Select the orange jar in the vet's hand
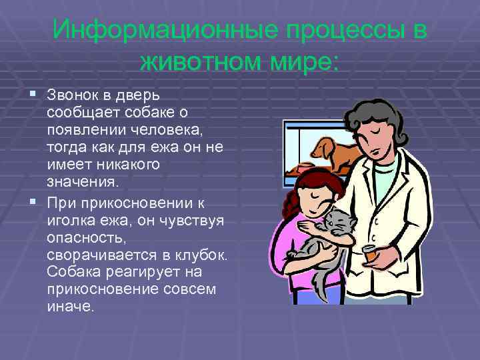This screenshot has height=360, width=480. tap(369, 255)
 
